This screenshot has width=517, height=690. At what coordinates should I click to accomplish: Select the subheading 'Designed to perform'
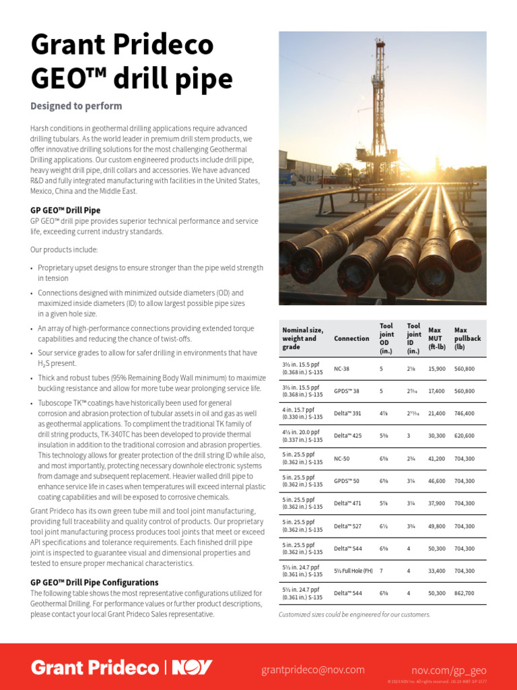[76, 106]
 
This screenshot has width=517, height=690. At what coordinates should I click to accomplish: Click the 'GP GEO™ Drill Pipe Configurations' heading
[94, 582]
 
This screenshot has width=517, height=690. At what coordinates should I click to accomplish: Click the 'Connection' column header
[351, 338]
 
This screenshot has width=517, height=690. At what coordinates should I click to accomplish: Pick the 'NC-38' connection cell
[342, 369]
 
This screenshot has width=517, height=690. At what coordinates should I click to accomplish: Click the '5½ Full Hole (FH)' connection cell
[353, 571]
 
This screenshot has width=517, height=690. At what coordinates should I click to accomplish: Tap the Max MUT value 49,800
[437, 526]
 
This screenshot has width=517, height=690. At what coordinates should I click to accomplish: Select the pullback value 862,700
[464, 593]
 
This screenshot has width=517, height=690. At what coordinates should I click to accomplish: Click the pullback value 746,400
[464, 414]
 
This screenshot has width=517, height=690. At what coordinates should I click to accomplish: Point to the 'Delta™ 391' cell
[348, 414]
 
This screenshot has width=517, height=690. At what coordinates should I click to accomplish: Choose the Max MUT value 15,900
[437, 369]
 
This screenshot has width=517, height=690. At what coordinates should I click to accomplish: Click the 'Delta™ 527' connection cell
[348, 526]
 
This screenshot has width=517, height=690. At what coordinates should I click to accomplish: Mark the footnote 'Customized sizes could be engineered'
[354, 615]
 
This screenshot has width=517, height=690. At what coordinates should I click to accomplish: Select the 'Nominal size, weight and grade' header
[303, 338]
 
